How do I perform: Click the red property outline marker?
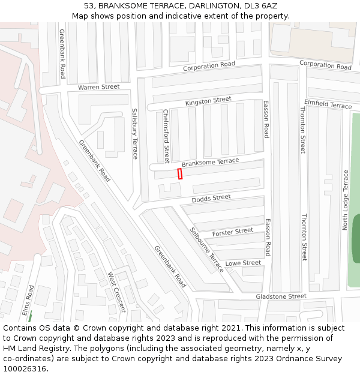coord(180,173)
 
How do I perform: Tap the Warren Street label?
coord(98,87)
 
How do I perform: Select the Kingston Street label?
coord(208,101)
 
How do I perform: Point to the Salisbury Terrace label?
coord(135,133)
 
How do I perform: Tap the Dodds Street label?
coord(211,197)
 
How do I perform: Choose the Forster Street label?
coord(233,231)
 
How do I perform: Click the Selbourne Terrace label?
coord(206,250)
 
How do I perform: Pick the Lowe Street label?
coord(243,263)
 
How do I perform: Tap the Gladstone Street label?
coord(281,296)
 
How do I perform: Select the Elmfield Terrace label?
coord(328,104)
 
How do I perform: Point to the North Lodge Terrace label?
coord(346,200)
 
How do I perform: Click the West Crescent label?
coord(116,292)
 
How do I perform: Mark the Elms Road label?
coord(26,299)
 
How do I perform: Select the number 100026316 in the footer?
coord(25,368)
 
